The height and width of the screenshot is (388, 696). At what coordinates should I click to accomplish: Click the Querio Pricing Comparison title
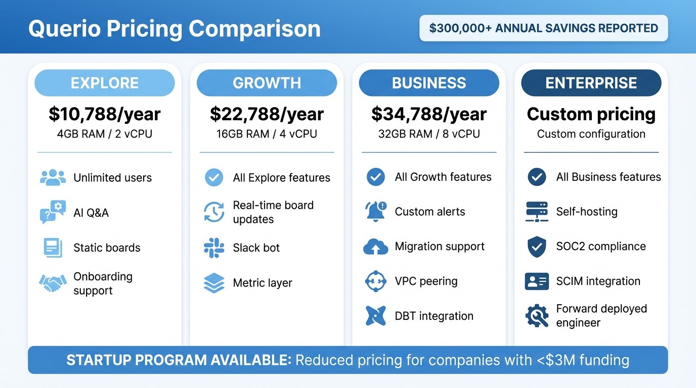coord(175,29)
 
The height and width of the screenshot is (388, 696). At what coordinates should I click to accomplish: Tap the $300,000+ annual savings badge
coord(543,28)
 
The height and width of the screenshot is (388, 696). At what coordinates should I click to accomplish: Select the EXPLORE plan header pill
coord(104,83)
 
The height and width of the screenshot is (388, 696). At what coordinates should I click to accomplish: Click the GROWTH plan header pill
coord(267,83)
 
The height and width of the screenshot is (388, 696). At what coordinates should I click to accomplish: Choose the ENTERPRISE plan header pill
coord(591,83)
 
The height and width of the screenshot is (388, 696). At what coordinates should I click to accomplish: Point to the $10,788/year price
coord(104,114)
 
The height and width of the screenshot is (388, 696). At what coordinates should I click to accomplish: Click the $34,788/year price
coord(429,114)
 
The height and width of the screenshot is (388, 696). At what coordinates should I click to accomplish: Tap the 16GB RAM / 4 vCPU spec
coord(267,134)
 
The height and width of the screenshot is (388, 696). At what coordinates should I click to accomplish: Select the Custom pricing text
coord(591,114)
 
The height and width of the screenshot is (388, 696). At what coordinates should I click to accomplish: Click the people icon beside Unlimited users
coord(53,177)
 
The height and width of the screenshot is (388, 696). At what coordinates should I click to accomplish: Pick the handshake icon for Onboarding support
coord(53,283)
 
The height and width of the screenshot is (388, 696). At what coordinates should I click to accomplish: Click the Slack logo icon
coord(213,248)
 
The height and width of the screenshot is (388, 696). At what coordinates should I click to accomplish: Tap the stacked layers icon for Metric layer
coord(213,283)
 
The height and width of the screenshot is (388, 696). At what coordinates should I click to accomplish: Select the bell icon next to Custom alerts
coord(376,212)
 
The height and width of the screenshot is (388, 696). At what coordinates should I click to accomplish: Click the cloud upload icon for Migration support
coord(376,247)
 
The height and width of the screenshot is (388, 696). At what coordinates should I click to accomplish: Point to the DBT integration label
coord(434,316)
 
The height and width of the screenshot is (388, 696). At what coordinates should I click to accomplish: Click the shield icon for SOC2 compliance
coord(537,247)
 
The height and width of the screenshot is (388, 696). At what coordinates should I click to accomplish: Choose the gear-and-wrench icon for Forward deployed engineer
coord(537,316)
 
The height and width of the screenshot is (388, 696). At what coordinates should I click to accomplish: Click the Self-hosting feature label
coord(587,212)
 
